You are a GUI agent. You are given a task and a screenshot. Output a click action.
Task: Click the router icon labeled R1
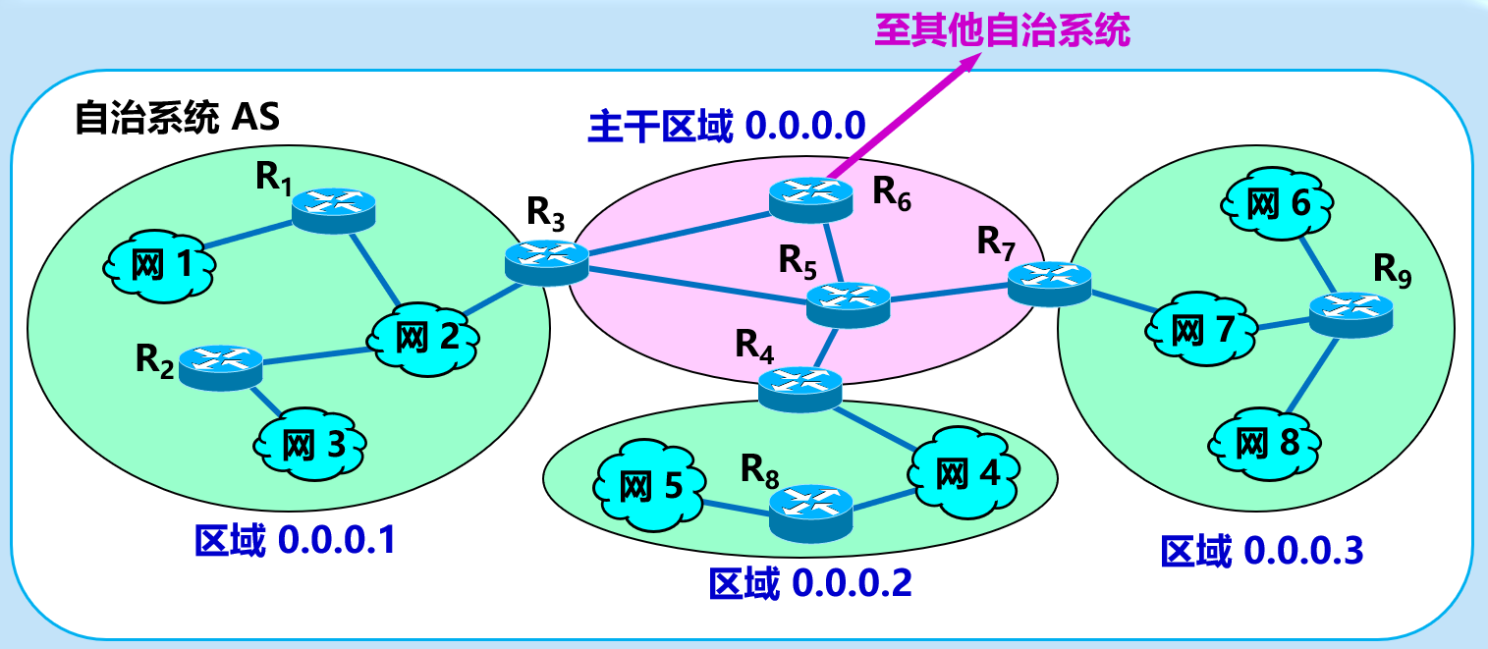335,206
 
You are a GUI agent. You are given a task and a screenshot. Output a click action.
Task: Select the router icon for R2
221,367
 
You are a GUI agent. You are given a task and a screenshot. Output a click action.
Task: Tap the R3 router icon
547,262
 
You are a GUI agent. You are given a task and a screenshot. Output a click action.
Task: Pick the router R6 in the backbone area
811,196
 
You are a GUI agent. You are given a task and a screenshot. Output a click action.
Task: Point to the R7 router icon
1050,281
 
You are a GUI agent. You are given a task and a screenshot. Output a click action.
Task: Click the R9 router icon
1351,314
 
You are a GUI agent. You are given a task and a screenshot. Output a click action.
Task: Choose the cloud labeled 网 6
1278,204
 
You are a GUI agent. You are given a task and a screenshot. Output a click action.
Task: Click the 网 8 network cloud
1267,443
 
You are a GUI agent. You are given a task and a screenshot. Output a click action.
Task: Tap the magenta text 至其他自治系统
1002,29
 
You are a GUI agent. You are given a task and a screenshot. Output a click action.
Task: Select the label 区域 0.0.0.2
810,584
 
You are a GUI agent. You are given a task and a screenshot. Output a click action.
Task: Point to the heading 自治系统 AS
178,119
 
